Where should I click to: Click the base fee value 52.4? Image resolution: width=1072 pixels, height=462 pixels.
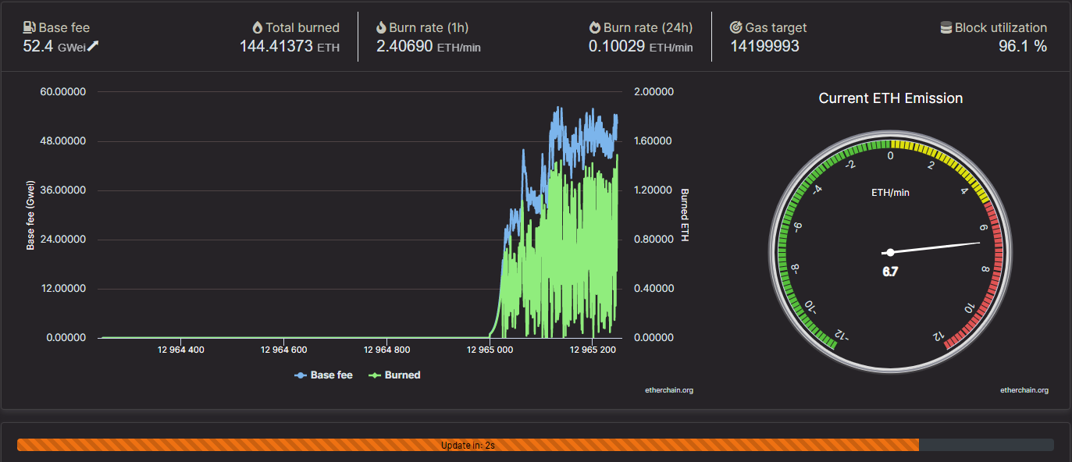(x=37, y=46)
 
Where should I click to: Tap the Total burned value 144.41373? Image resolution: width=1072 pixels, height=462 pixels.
(x=276, y=46)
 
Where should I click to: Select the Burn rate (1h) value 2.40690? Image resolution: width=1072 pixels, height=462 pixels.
(x=404, y=46)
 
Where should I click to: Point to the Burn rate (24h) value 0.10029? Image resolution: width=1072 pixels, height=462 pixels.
(x=617, y=46)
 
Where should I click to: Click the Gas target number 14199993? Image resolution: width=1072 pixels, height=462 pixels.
(x=764, y=46)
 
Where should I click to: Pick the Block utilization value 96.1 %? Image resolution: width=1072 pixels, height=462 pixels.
(x=1023, y=46)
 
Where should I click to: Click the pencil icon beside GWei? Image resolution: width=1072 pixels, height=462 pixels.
(x=93, y=46)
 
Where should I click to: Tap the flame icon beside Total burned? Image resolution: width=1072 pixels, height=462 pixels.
(x=258, y=28)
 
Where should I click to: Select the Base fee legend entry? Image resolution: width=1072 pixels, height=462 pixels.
(x=323, y=375)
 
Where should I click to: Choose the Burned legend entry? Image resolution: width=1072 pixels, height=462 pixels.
(x=394, y=375)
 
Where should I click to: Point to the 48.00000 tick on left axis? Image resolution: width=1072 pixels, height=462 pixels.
(x=62, y=141)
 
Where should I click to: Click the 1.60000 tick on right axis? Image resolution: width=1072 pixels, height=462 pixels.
(x=653, y=141)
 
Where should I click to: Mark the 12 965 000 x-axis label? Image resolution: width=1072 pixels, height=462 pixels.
(x=490, y=350)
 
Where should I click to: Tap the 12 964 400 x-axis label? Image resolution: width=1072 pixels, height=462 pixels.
(x=181, y=350)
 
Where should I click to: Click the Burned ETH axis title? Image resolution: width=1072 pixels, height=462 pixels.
(x=685, y=215)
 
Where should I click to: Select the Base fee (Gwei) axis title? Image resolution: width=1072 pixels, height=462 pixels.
(x=30, y=215)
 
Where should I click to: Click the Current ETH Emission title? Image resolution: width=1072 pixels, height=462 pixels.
(x=891, y=98)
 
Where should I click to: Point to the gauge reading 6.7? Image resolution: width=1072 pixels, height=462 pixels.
(x=890, y=272)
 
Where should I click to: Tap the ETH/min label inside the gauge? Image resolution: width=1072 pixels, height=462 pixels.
(x=890, y=193)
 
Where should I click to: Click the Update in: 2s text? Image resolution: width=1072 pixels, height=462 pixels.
(x=468, y=446)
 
